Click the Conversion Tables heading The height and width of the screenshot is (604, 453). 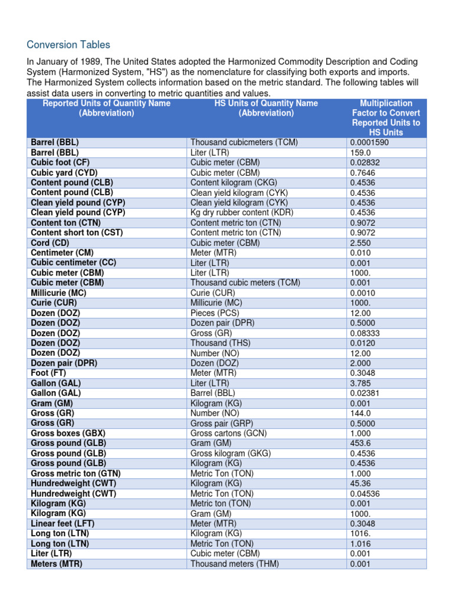click(x=68, y=45)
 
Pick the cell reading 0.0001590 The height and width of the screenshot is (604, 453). click(x=370, y=143)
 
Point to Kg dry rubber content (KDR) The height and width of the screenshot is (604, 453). click(x=242, y=212)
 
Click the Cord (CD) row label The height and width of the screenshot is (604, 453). click(x=50, y=242)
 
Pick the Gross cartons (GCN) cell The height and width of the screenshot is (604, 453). click(x=229, y=433)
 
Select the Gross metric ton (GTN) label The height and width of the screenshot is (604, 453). click(x=75, y=473)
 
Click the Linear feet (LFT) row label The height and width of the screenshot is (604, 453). click(x=63, y=523)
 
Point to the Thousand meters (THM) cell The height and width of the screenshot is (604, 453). click(x=235, y=563)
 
